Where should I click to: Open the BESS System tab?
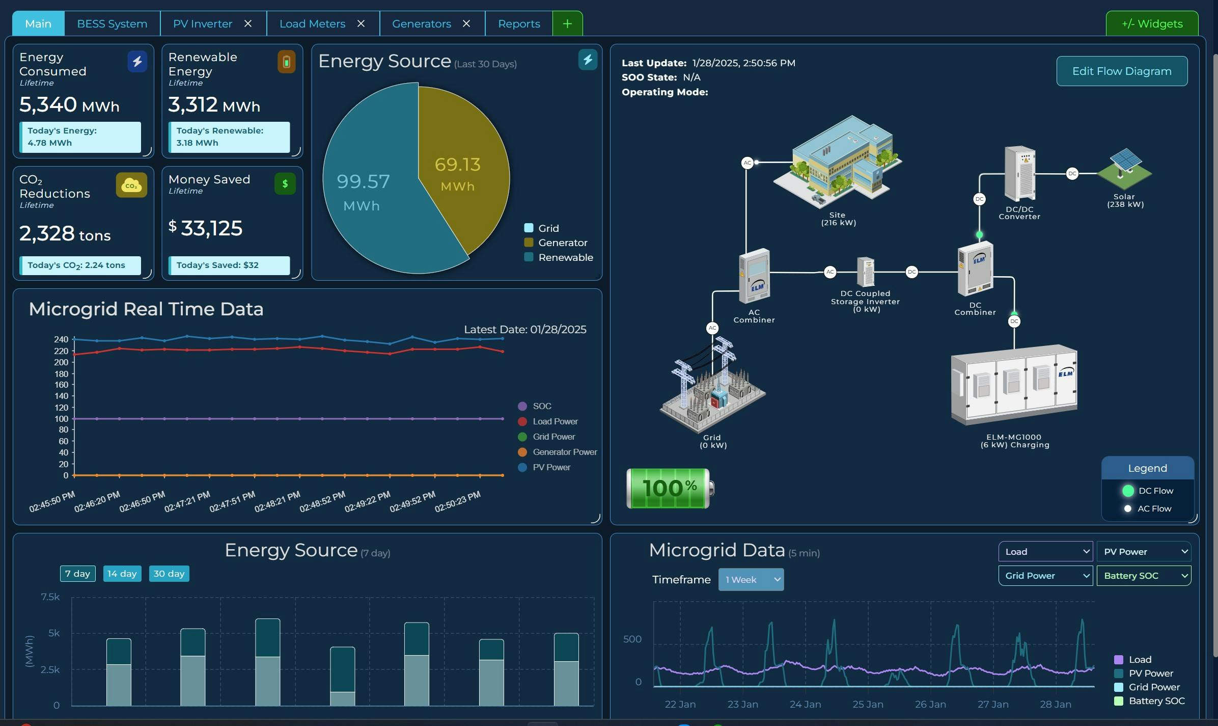click(112, 24)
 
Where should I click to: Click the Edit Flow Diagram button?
click(1121, 71)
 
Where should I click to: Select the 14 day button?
click(122, 574)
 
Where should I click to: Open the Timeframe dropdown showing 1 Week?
click(751, 580)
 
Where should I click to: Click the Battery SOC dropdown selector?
click(1143, 576)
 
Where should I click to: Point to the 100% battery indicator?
click(669, 488)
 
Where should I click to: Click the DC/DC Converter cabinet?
click(1019, 173)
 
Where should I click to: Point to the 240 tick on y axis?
click(61, 339)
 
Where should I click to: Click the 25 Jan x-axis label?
click(868, 704)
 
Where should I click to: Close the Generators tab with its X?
click(466, 24)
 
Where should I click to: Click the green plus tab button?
click(567, 24)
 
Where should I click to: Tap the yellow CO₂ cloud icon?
click(131, 185)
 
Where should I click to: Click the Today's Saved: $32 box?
click(229, 265)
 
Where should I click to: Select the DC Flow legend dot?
click(1128, 491)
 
